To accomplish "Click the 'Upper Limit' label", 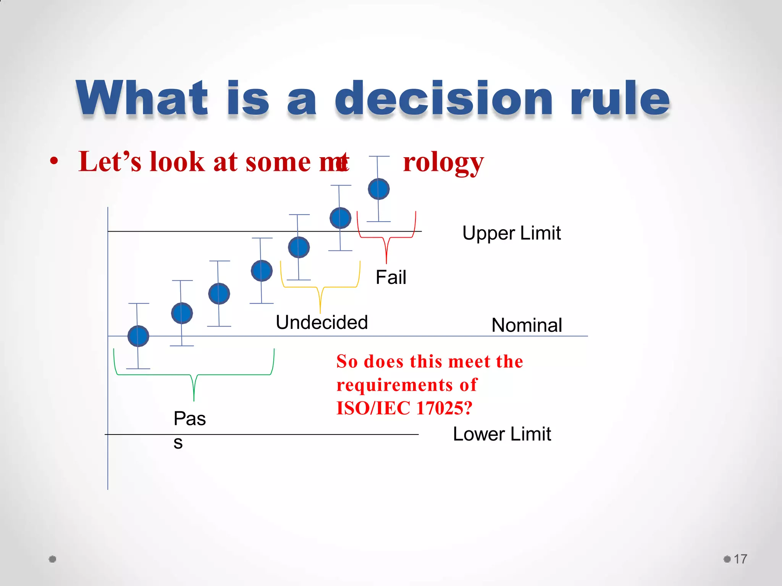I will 511,233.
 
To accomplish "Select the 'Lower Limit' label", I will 502,434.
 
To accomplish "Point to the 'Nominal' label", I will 527,325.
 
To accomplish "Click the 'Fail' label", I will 391,277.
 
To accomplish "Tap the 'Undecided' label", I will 322,322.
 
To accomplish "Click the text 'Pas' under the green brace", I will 189,419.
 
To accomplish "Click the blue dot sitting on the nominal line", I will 138,336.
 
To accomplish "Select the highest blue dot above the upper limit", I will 378,189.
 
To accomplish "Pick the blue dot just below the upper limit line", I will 299,247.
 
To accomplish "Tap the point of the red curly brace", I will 386,262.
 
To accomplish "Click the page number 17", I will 740,559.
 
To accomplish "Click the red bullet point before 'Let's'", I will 54,161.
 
